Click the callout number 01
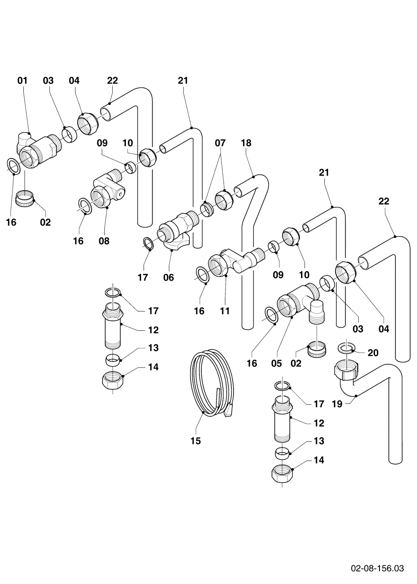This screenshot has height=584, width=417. point(23,81)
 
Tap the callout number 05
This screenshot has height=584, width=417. point(276,363)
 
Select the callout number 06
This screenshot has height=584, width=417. point(168,277)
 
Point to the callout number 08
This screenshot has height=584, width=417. point(104,241)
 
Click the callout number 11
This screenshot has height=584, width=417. point(225,311)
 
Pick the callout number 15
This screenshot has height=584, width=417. point(196,441)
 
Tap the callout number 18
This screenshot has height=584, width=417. point(246,143)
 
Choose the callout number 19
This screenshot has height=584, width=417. point(337,404)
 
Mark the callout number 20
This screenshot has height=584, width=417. point(373,353)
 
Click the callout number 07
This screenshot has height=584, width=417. point(220,143)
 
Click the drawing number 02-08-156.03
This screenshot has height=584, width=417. point(377,559)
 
